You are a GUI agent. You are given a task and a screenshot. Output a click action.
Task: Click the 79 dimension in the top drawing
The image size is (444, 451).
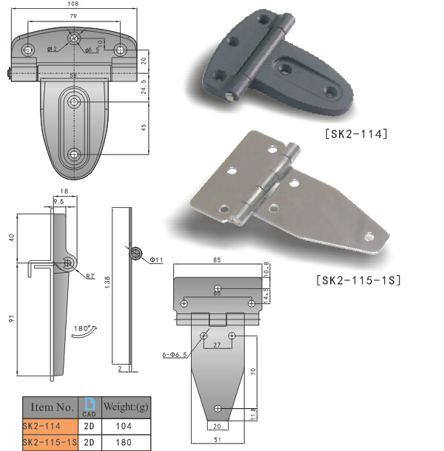click(73, 16)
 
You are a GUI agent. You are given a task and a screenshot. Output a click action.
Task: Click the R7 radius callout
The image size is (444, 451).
click(90, 277)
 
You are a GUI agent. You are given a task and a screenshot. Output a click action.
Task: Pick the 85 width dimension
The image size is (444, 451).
click(217, 260)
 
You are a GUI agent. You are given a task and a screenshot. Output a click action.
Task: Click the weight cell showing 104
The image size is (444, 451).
click(123, 427)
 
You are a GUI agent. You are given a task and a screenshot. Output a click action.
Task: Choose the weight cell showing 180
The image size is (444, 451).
click(123, 442)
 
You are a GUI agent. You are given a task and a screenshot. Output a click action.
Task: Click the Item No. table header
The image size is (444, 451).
click(51, 407)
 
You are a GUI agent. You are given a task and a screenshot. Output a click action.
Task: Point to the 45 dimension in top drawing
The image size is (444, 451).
click(142, 126)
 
